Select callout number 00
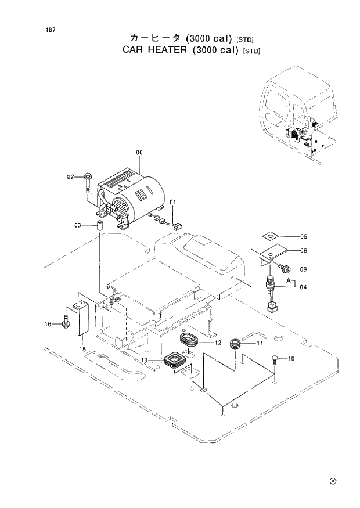(139, 153)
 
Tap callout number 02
(70, 176)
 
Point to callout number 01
(172, 202)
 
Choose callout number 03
(77, 225)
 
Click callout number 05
(303, 237)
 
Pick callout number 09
(303, 269)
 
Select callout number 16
(48, 324)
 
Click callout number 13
(142, 361)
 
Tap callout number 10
(291, 359)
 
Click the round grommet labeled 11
(236, 344)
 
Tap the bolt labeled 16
(65, 321)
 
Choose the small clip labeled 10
(275, 361)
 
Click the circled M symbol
(333, 481)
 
